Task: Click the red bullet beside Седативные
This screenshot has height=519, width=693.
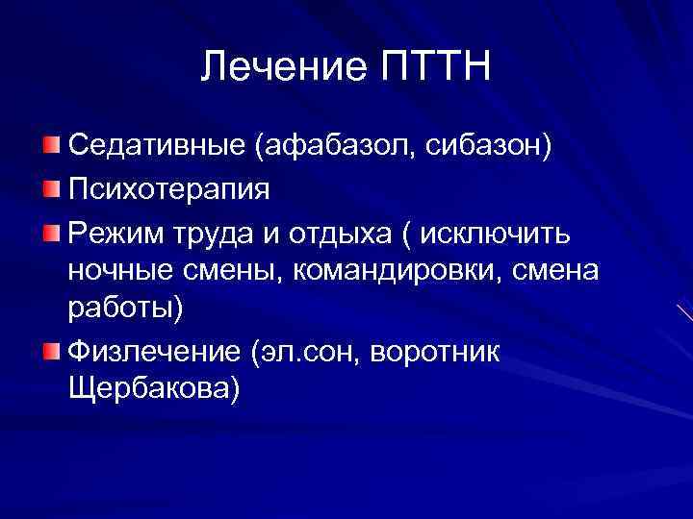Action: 49,145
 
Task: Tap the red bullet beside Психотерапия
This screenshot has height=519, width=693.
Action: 49,186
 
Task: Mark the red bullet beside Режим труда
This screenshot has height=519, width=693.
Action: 49,229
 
